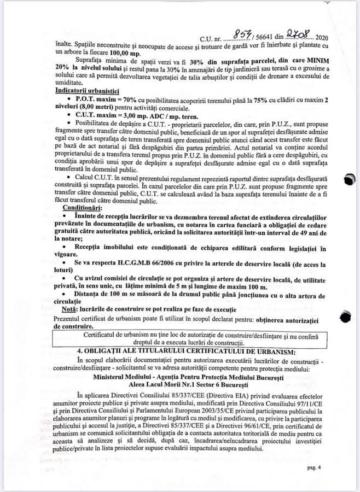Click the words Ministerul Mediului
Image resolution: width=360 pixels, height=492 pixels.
click(124, 378)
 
